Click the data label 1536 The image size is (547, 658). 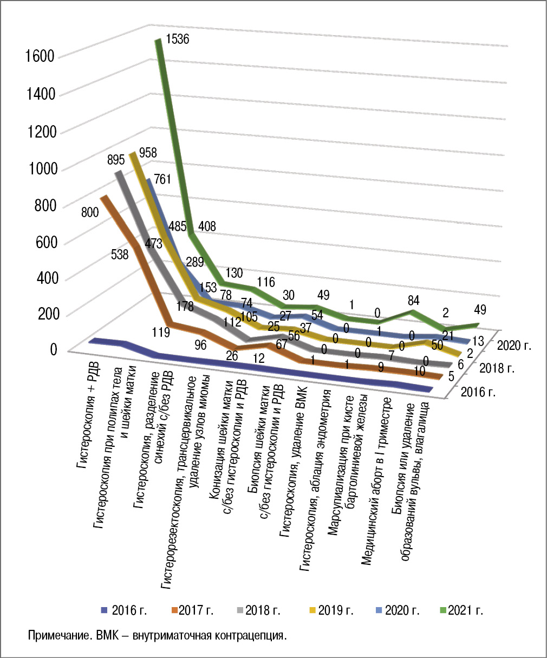(x=178, y=39)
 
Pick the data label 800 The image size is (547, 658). (x=90, y=212)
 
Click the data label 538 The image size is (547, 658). (x=119, y=253)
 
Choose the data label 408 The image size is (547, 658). (x=206, y=226)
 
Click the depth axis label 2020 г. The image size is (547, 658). (x=514, y=345)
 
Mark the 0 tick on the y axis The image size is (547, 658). (x=53, y=349)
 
